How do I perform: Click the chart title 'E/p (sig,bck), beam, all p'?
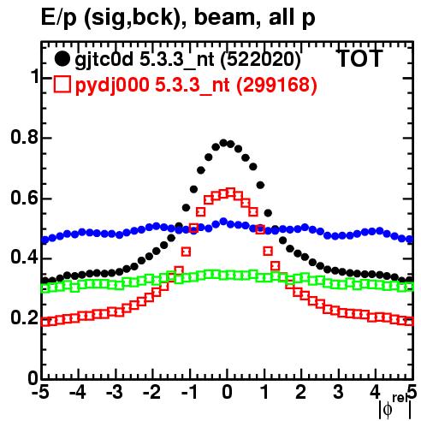[x=178, y=18]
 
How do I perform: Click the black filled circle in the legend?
[x=62, y=59]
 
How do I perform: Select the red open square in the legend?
[x=62, y=85]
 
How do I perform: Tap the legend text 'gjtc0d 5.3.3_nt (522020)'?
[x=187, y=60]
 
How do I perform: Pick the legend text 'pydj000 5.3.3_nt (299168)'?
[x=196, y=85]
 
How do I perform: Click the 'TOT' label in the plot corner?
[x=359, y=59]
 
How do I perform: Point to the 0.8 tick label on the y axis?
[x=24, y=137]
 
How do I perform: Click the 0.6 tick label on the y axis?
[x=24, y=198]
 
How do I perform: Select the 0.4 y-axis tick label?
[x=24, y=258]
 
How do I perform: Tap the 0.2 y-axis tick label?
[x=24, y=317]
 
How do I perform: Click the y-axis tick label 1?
[x=35, y=76]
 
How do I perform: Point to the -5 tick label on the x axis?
[x=40, y=393]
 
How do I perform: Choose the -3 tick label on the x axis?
[x=115, y=393]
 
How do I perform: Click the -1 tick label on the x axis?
[x=189, y=393]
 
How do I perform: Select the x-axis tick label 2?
[x=301, y=393]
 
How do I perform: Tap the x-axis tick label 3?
[x=338, y=393]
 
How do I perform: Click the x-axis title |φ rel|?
[x=395, y=407]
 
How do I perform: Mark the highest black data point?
[x=223, y=143]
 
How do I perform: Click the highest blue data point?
[x=223, y=222]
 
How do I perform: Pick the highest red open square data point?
[x=231, y=193]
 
